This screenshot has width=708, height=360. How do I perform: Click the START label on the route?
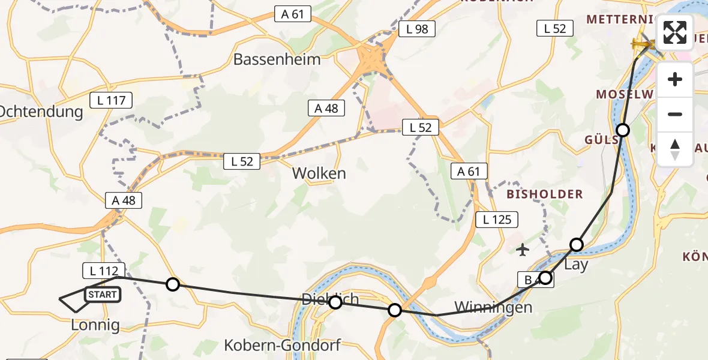tap(103, 295)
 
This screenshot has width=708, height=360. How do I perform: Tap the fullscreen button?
tap(675, 33)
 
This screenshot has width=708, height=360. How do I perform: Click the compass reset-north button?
tap(675, 149)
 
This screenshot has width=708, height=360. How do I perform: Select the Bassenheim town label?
tap(277, 59)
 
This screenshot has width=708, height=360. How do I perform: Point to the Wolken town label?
tap(319, 173)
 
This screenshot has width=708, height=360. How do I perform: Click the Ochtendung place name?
tap(41, 112)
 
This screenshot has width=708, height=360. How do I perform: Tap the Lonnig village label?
tap(95, 325)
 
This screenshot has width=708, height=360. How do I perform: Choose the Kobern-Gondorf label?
tap(282, 345)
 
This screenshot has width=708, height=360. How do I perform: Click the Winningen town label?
tap(493, 307)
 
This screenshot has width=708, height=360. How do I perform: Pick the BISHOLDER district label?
tap(545, 194)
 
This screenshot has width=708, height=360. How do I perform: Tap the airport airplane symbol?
tap(523, 249)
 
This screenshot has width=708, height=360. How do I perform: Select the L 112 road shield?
tap(103, 271)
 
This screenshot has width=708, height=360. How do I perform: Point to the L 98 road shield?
tap(416, 29)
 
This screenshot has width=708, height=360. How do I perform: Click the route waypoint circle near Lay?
tap(577, 244)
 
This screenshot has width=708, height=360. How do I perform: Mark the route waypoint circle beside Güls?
tap(623, 130)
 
